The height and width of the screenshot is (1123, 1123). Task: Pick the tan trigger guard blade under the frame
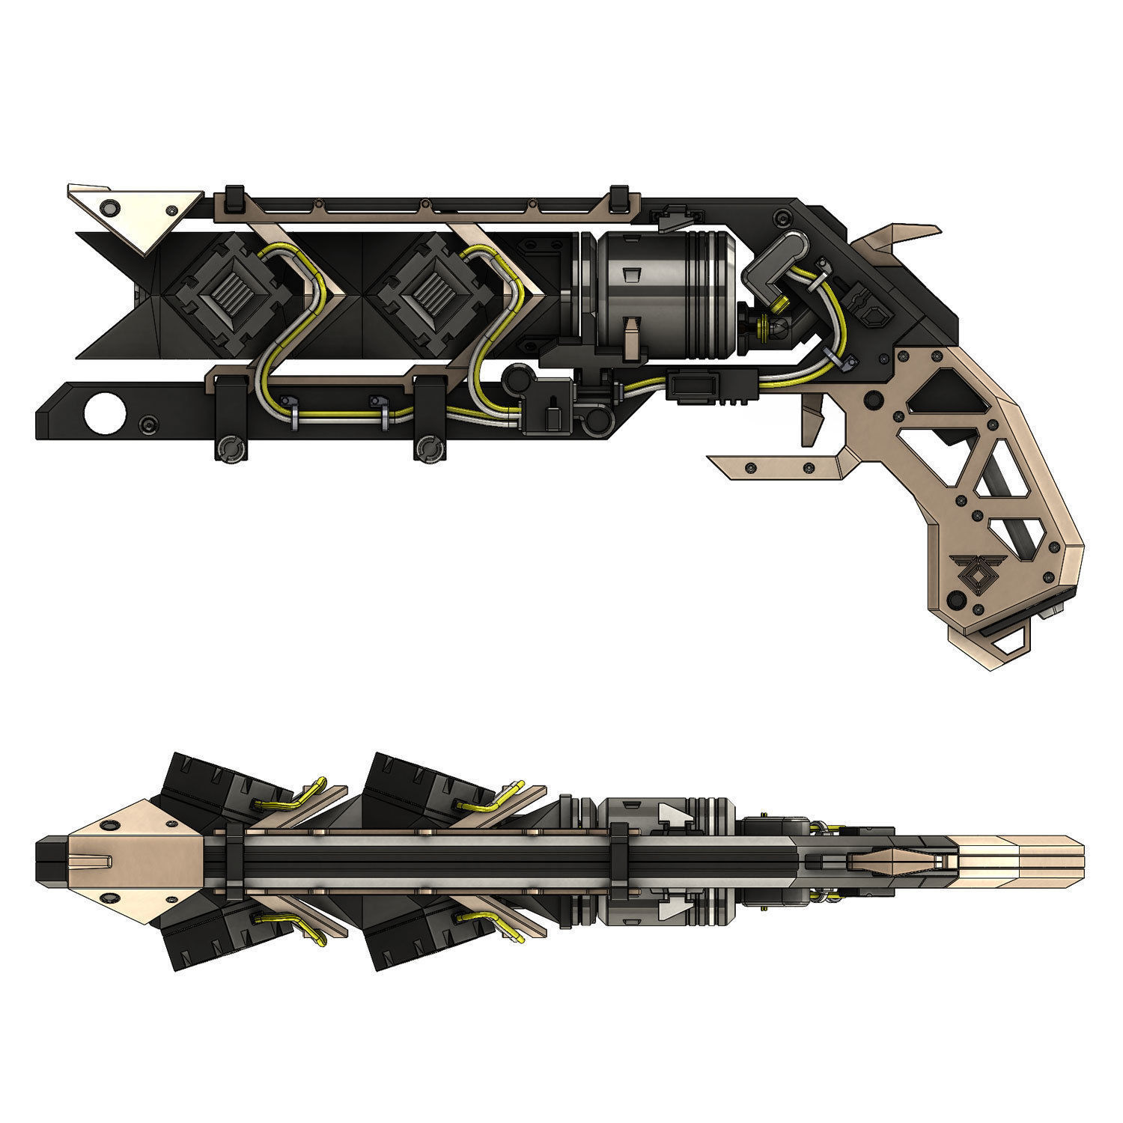[779, 466]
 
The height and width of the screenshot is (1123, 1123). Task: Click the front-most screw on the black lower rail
[150, 424]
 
